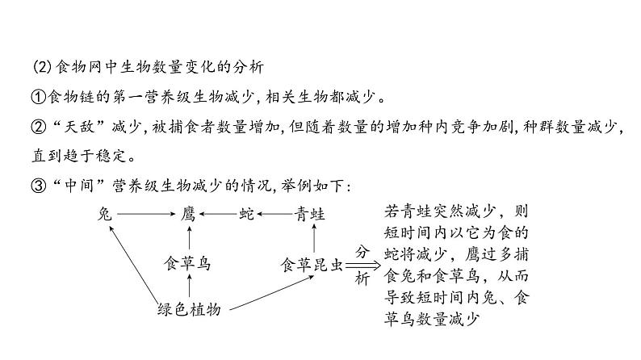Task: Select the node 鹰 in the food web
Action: point(189,213)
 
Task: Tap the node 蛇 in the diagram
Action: point(246,213)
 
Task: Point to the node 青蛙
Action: point(310,213)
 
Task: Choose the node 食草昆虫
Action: point(311,262)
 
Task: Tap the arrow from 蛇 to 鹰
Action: point(217,214)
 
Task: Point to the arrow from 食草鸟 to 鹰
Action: point(189,238)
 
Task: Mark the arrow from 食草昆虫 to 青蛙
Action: point(311,238)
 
